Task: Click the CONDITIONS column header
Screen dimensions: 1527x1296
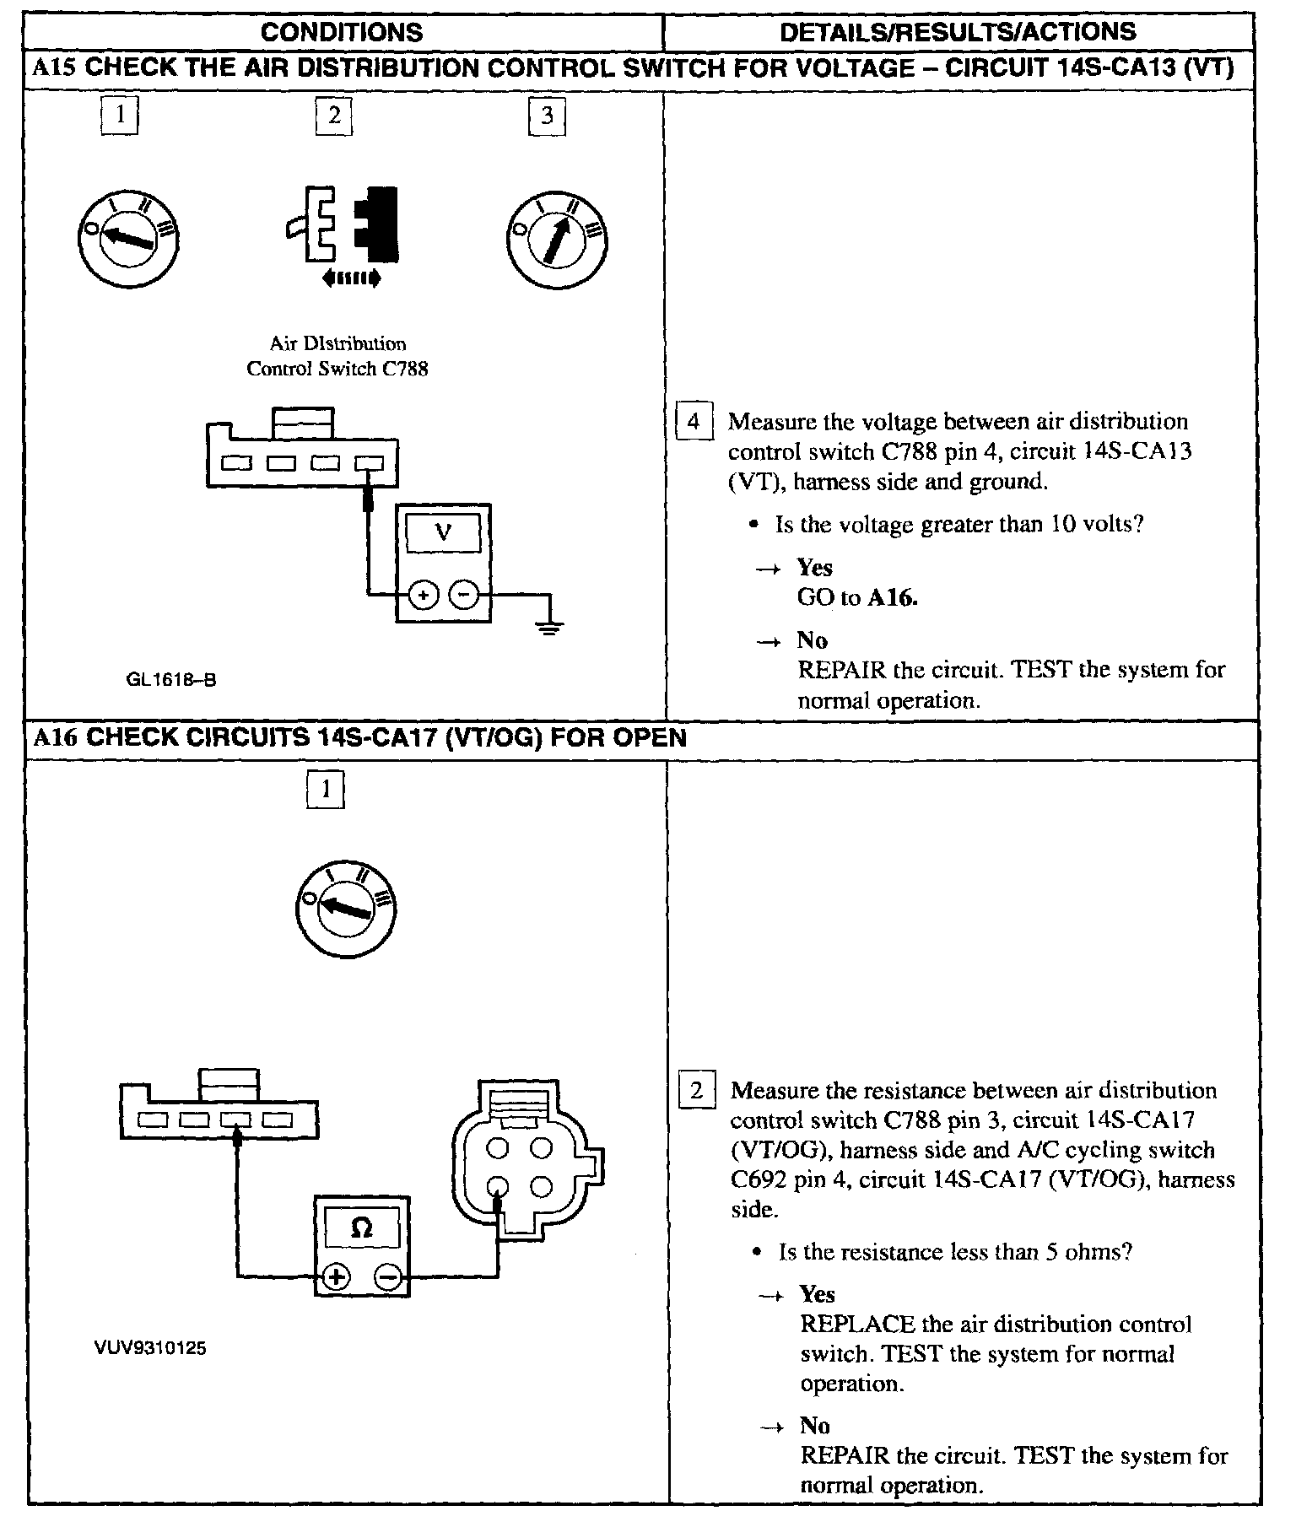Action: point(341,32)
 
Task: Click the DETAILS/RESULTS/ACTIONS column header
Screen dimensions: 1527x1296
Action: point(958,32)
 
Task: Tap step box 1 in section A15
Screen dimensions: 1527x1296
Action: point(119,115)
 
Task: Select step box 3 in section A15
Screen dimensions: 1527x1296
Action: point(547,116)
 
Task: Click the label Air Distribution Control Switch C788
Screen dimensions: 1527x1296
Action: point(337,356)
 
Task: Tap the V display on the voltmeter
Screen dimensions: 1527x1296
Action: point(443,534)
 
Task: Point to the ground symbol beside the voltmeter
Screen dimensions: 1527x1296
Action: point(549,624)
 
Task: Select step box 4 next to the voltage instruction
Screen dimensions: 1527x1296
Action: point(694,422)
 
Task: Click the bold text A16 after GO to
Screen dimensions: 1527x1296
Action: point(892,598)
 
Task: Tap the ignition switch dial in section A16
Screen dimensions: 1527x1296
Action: point(346,908)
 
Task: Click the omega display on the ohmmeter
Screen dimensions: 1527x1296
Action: point(361,1229)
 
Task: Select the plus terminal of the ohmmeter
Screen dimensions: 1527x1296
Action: point(336,1276)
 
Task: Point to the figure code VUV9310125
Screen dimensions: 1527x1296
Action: point(151,1348)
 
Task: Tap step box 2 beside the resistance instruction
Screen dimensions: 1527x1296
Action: point(697,1091)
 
